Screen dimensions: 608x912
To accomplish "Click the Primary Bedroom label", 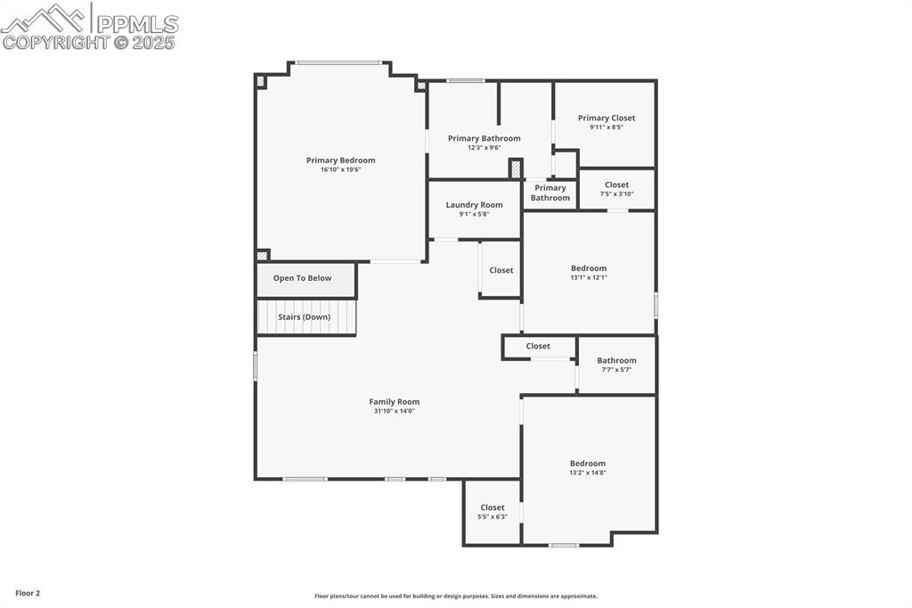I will (x=340, y=160).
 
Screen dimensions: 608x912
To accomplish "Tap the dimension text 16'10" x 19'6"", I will (x=340, y=169).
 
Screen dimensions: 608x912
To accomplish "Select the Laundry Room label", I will (x=474, y=205).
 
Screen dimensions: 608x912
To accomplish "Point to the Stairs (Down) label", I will (x=304, y=317).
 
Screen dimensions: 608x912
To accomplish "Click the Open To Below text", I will (x=302, y=278).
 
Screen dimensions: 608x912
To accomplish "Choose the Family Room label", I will (x=394, y=402).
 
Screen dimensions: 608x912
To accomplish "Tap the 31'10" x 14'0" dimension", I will (x=394, y=411).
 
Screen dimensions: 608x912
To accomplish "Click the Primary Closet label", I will (x=606, y=118).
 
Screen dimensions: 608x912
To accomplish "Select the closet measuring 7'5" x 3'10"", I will (x=616, y=189).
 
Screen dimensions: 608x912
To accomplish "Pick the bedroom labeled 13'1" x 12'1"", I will (x=588, y=272).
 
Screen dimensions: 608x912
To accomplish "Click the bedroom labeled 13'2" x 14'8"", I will (x=587, y=467).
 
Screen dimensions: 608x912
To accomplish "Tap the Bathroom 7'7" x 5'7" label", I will (x=616, y=365).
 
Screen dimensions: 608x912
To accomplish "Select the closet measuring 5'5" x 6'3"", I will (x=492, y=512).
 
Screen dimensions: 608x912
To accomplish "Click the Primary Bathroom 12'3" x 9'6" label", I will (x=484, y=143).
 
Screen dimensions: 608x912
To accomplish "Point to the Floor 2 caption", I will (x=28, y=593).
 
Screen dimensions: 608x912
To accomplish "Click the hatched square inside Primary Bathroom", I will (x=515, y=168).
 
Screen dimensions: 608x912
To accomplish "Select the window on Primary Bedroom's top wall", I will (x=338, y=62).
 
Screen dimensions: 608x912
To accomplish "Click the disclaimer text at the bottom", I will (x=455, y=596).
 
